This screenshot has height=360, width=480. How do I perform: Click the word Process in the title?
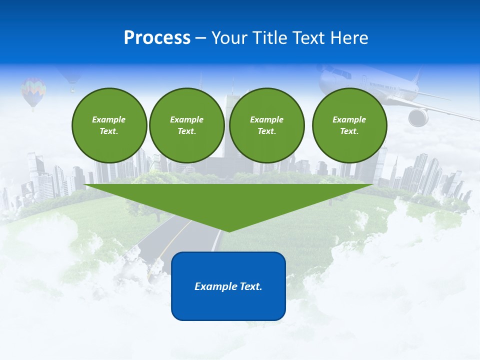[x=157, y=38]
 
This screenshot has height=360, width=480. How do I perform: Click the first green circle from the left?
[x=109, y=125]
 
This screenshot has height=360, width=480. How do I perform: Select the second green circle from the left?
[x=186, y=125]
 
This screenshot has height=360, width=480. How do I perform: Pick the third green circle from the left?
[x=266, y=125]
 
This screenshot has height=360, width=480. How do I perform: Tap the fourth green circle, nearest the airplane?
[x=349, y=125]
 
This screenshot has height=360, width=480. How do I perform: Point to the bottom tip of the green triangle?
[x=228, y=230]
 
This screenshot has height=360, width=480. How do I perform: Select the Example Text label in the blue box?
[x=228, y=286]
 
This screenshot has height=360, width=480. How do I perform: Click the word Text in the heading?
[x=309, y=38]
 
